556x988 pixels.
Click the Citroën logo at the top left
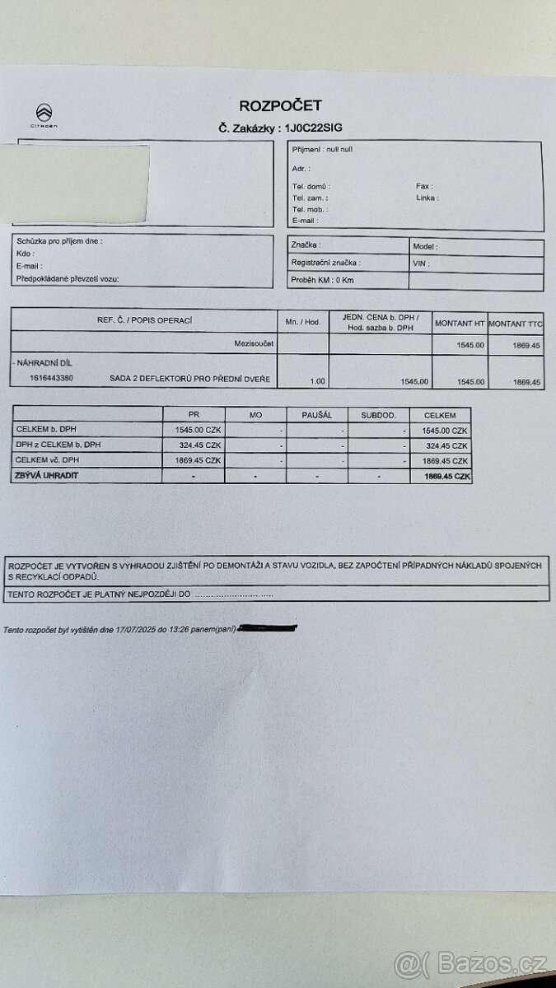[x=44, y=114]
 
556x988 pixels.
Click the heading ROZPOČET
[x=280, y=105]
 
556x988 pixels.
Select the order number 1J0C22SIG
[x=313, y=128]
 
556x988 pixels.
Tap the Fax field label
[x=424, y=186]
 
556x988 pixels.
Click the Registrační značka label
[x=325, y=263]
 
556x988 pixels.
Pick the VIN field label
[x=420, y=263]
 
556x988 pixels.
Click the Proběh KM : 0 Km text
[x=322, y=280]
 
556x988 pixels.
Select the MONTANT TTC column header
[x=515, y=324]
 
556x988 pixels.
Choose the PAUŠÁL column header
[x=317, y=415]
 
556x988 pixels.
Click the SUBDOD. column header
[x=378, y=415]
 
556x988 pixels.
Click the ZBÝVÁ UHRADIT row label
[x=43, y=476]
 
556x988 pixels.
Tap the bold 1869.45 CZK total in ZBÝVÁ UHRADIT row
[x=447, y=477]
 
